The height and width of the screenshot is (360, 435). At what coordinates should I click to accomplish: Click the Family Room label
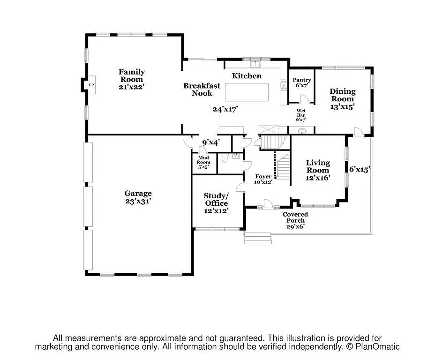(x=131, y=75)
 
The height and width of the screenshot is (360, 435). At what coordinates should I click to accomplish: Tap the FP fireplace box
(x=91, y=85)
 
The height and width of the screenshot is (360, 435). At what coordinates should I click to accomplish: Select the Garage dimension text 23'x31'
(x=138, y=201)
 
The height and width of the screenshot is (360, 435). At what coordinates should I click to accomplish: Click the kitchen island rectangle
(x=247, y=92)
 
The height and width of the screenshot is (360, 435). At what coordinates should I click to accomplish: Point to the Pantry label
(x=302, y=80)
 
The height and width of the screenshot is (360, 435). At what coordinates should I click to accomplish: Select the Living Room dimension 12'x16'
(x=318, y=178)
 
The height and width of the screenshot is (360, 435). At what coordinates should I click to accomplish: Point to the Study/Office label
(x=216, y=199)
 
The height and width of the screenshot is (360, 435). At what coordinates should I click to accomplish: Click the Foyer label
(x=263, y=176)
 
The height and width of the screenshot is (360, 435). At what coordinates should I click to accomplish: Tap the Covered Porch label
(x=295, y=217)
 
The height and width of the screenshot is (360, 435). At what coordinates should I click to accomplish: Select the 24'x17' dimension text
(x=225, y=109)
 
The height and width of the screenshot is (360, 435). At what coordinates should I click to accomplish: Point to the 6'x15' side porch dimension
(x=360, y=169)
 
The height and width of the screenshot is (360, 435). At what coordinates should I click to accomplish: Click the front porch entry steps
(x=258, y=238)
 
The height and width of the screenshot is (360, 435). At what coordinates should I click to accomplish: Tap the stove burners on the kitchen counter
(x=283, y=84)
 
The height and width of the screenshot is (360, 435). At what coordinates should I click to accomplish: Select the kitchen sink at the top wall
(x=255, y=62)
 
